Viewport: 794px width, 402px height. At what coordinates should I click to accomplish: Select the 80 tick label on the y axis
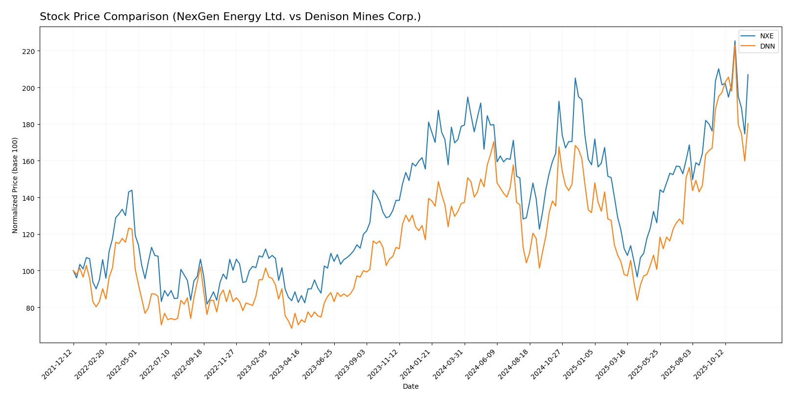[31, 308]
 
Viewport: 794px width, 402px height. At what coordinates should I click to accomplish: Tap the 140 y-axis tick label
[30, 198]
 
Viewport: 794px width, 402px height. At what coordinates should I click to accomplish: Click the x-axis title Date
[410, 387]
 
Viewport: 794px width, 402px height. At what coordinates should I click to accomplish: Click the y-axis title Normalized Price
[15, 185]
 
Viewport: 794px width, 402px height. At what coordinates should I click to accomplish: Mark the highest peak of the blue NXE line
[734, 41]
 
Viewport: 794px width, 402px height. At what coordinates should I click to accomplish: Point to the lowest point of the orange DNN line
[292, 328]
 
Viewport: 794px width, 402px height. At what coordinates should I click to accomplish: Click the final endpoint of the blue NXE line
[748, 75]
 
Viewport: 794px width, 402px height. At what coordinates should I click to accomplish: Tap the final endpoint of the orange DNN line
[748, 124]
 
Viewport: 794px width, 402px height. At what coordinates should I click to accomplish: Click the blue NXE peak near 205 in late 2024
[575, 78]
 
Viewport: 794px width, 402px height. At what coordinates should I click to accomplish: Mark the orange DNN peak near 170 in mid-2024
[494, 142]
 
